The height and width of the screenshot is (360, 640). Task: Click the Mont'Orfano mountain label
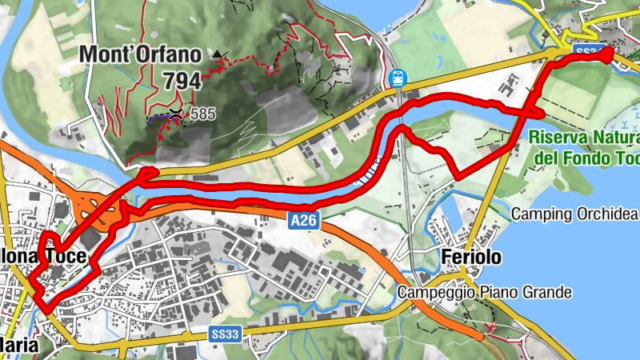click(x=139, y=55)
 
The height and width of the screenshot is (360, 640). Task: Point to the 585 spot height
click(x=202, y=114)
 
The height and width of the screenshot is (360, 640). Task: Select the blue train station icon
click(x=396, y=78)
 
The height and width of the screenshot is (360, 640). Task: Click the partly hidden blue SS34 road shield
click(x=587, y=51)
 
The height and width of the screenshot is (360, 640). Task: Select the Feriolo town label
click(x=471, y=257)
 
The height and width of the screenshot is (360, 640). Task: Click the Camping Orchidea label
click(x=574, y=214)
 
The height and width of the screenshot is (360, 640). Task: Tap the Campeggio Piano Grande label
click(x=484, y=293)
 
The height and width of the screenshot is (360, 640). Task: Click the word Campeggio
click(x=437, y=293)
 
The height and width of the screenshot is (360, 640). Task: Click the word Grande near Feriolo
click(x=546, y=293)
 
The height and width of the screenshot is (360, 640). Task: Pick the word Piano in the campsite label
click(x=498, y=293)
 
